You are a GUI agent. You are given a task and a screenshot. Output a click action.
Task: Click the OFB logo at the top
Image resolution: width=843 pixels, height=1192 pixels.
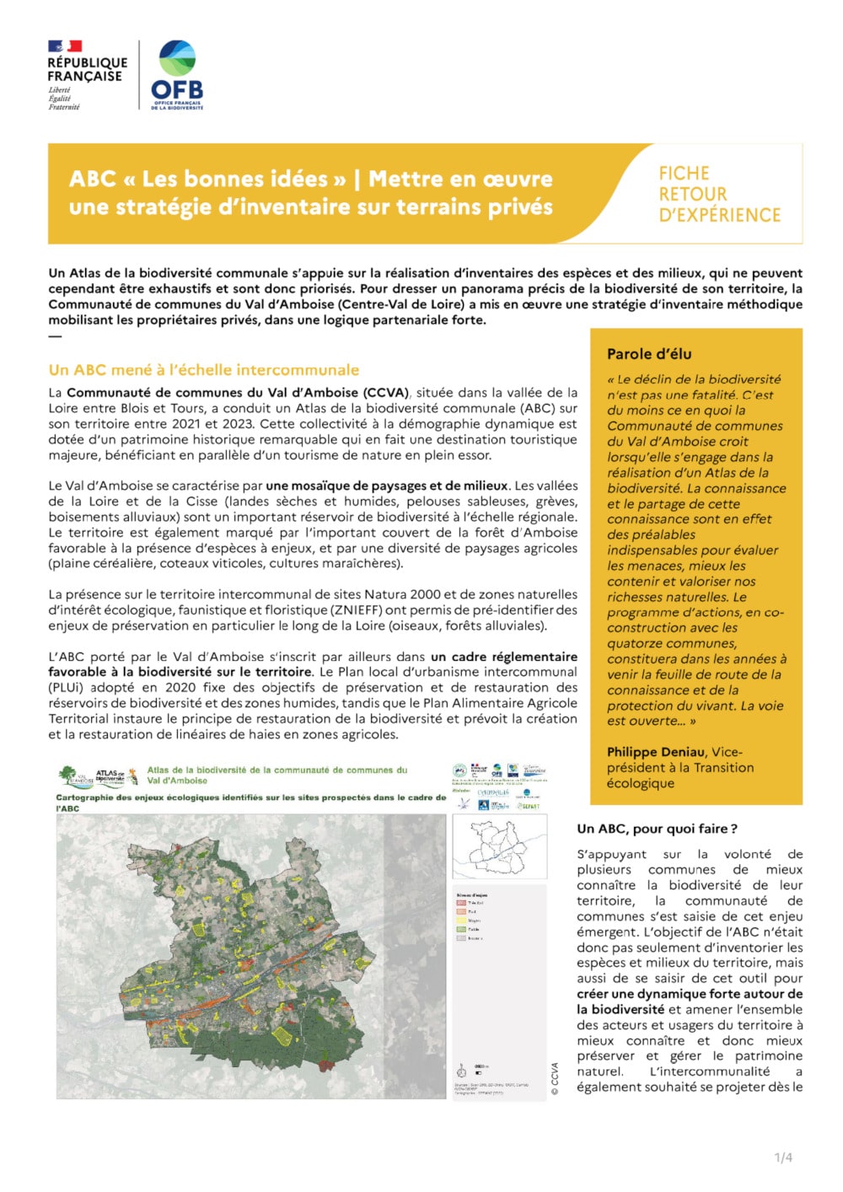coord(177,74)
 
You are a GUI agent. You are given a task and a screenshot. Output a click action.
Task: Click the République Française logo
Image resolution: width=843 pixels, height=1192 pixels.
coord(87,74)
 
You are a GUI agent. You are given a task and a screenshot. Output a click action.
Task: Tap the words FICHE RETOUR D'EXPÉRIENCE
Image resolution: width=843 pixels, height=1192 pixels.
coord(718,194)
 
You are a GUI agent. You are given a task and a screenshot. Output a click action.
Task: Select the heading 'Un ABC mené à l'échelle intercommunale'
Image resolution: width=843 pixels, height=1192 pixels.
coord(203,369)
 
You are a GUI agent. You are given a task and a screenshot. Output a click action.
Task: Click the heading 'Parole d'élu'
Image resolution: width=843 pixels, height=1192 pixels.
coord(648,354)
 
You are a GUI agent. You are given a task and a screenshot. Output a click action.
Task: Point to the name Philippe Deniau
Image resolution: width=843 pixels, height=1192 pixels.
coord(656,752)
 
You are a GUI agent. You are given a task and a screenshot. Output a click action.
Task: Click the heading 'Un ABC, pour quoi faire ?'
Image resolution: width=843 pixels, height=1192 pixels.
coord(657,829)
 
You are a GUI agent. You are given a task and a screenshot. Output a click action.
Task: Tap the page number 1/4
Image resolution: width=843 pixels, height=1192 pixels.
coord(783,1157)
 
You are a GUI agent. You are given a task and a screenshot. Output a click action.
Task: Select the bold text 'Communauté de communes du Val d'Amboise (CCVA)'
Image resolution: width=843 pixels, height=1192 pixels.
coord(238,393)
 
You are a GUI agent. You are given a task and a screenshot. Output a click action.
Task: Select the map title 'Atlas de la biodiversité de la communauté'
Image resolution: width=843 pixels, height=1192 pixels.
coord(277,770)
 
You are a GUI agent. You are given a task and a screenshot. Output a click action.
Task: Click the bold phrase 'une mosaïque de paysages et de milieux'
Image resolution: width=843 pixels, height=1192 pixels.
coord(387,486)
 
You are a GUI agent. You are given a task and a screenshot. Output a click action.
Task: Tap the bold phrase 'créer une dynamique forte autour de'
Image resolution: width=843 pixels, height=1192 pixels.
coord(690,994)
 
